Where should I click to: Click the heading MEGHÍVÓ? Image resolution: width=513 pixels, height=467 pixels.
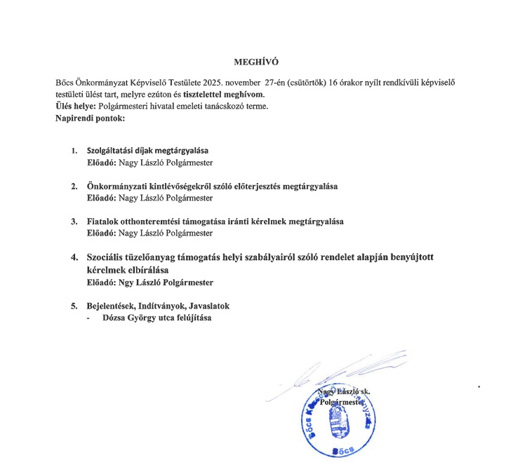[256, 62]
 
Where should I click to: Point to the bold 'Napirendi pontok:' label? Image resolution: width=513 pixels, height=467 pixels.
[90, 117]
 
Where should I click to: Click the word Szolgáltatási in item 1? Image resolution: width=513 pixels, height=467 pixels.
[110, 151]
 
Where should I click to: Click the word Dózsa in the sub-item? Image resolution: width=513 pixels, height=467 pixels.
[115, 318]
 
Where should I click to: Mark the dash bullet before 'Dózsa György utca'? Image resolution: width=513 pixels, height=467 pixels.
[88, 318]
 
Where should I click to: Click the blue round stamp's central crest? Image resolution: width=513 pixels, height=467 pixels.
[345, 419]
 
